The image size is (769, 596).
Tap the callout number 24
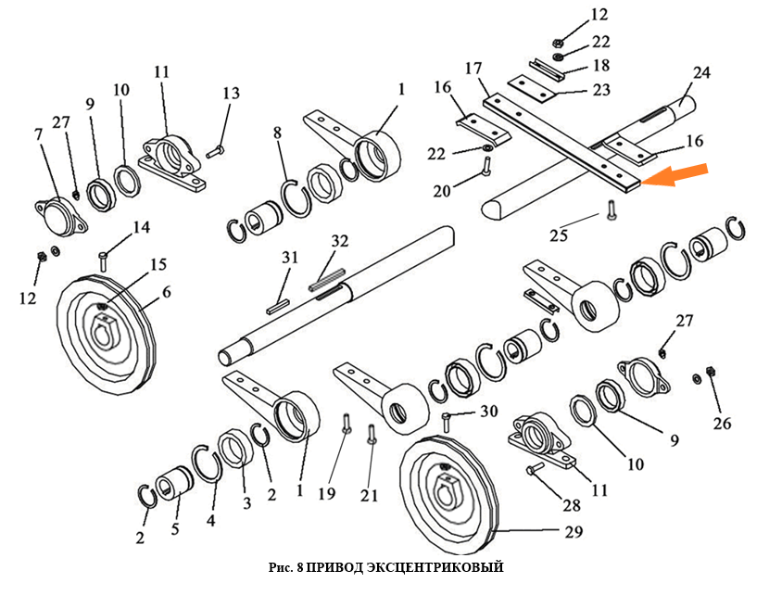700,72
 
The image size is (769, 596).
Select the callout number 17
473,69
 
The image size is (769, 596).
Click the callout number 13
231,93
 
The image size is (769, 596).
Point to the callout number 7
39,135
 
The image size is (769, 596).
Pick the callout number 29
573,532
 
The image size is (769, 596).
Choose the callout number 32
340,241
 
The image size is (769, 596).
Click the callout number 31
290,257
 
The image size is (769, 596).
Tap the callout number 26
722,424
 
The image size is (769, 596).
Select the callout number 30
489,412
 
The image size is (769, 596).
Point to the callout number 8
276,133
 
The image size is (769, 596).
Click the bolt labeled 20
485,167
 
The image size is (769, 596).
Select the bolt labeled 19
346,425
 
